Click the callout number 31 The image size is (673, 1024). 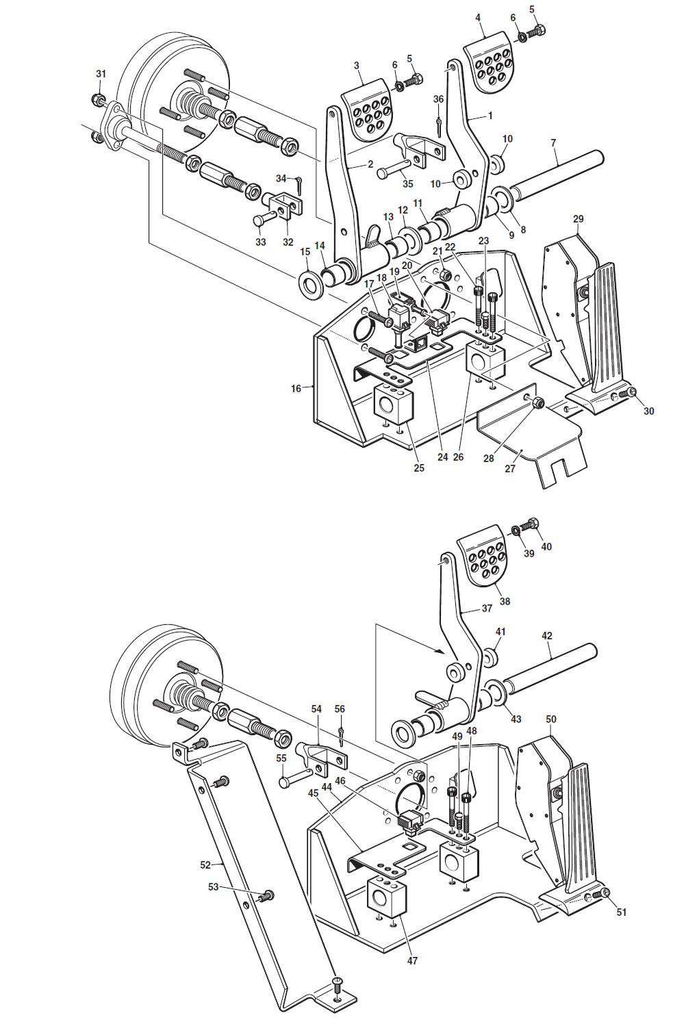pos(101,74)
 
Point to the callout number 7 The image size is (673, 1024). pos(553,143)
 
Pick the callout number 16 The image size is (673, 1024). pos(296,389)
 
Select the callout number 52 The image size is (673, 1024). pos(205,865)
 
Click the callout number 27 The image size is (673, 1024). pos(510,469)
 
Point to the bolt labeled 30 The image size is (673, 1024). pos(631,392)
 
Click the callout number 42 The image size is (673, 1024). pos(546,636)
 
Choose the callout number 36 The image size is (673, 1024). pos(438,99)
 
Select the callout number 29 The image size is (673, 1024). pos(578,219)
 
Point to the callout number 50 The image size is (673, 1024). pos(551,719)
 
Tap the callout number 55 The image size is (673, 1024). pos(281,758)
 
